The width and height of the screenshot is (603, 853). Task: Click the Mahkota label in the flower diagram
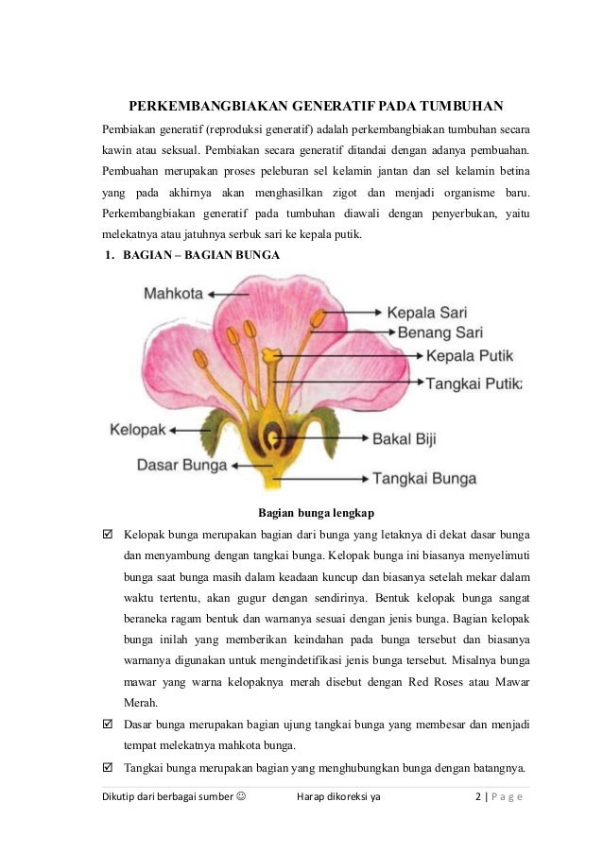pos(173,294)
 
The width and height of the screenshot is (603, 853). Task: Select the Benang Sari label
pos(439,333)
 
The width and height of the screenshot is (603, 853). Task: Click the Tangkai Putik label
pos(474,384)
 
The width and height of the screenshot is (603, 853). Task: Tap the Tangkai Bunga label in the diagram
pos(423,478)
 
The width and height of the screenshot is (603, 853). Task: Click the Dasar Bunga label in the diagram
pos(182,465)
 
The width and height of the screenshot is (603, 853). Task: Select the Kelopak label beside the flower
pos(138,429)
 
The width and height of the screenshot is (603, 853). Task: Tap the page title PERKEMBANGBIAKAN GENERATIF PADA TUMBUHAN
pos(316,104)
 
